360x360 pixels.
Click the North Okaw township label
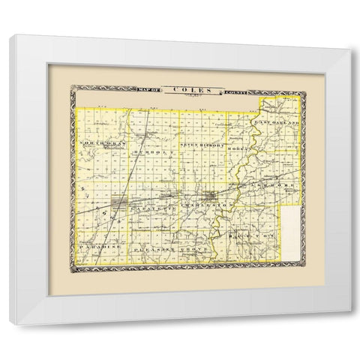point(102,141)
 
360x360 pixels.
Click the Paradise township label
point(97,244)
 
